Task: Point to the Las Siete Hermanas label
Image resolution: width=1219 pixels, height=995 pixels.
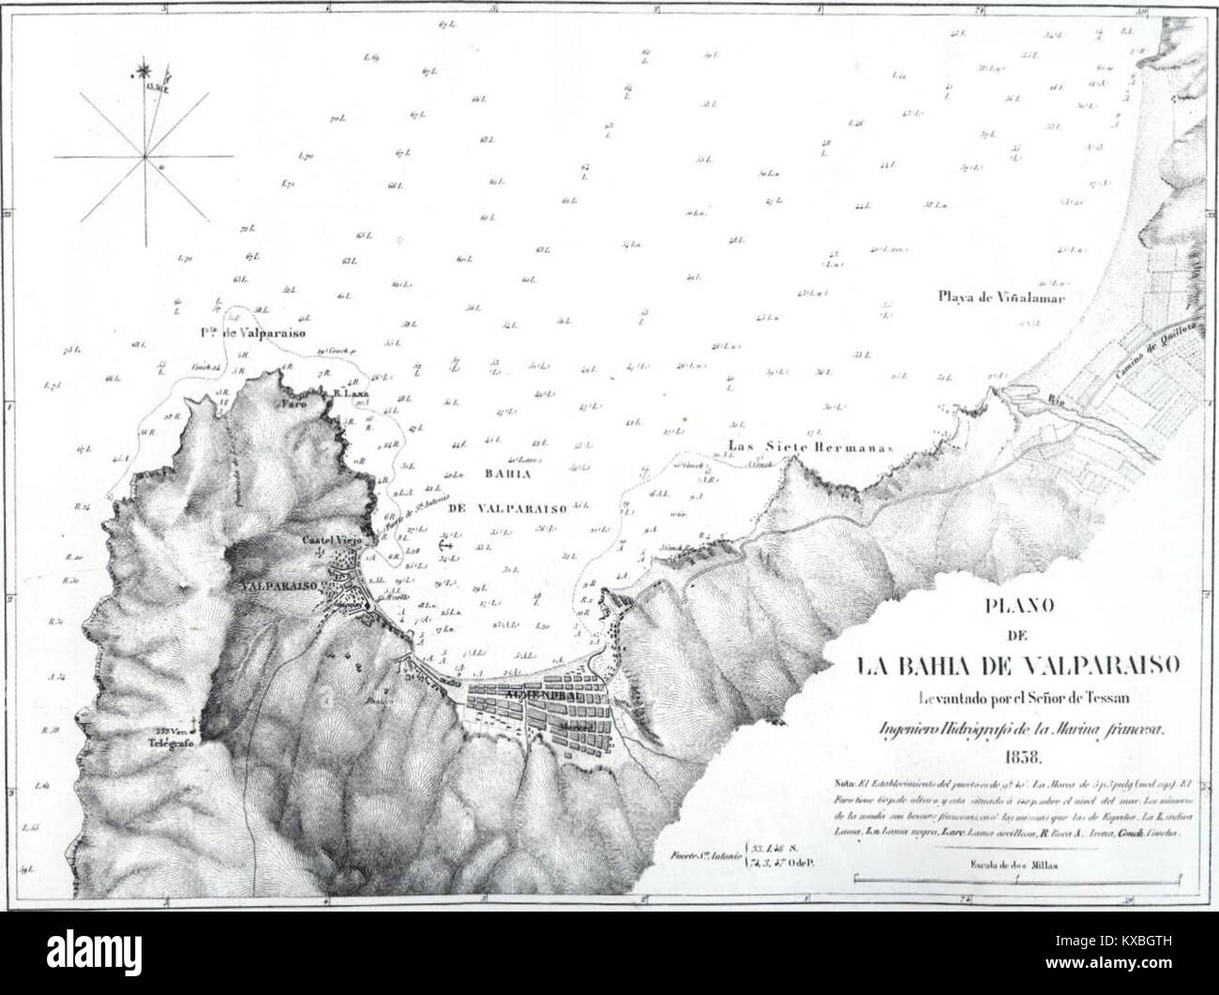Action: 806,447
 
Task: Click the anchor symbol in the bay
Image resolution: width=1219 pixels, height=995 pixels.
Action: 444,543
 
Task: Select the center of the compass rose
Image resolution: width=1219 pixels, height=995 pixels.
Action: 145,155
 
